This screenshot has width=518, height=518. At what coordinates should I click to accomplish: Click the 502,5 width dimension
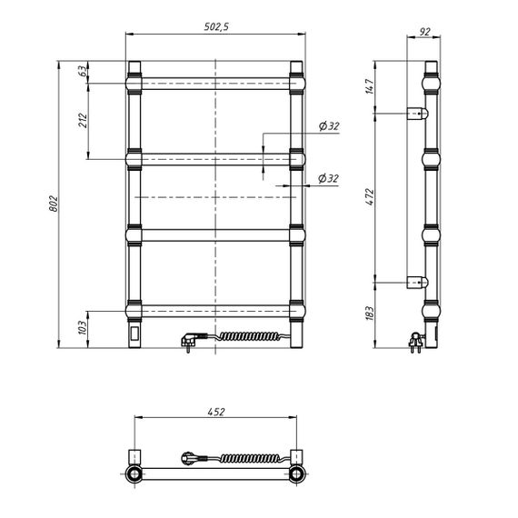coord(216,26)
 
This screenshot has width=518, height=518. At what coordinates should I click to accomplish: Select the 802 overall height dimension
coord(54,204)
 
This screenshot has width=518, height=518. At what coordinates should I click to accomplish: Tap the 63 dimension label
coord(84,71)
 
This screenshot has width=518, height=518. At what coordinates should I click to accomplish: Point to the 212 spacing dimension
coord(83,121)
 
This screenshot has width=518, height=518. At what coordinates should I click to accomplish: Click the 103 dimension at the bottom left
coord(83,327)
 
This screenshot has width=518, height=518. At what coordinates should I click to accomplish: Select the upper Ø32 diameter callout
coord(329,126)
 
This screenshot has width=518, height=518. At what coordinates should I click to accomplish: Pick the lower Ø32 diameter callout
coord(328,178)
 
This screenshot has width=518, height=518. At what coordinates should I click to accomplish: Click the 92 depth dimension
coord(424,32)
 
